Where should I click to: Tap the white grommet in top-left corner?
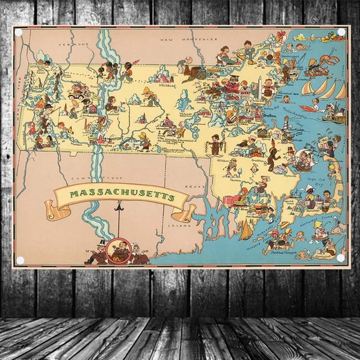coord(19,32)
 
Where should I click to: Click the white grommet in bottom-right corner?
coord(340,257)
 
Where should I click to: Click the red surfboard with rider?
coord(310,107)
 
